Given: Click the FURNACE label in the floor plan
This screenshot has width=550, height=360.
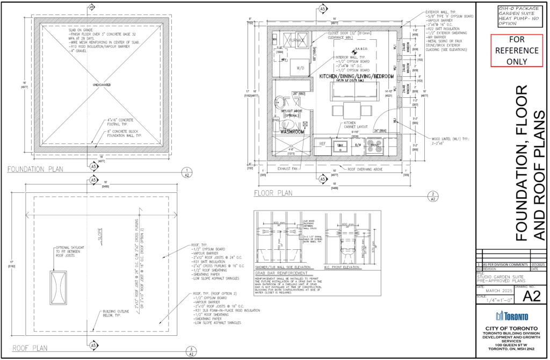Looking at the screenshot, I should [x=295, y=40].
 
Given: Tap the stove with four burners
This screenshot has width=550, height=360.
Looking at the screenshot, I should [x=374, y=146].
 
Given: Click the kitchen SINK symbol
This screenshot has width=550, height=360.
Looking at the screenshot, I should [x=339, y=146].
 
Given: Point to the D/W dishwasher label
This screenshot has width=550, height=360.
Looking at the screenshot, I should [x=358, y=146].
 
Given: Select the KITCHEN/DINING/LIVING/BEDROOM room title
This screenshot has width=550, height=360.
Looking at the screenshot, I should [x=357, y=77].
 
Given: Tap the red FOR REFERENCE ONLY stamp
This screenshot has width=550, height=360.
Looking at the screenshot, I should [x=516, y=51].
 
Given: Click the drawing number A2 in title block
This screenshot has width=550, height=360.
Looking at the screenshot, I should [x=530, y=296].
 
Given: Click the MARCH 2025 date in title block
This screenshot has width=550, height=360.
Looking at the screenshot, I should [x=493, y=293].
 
